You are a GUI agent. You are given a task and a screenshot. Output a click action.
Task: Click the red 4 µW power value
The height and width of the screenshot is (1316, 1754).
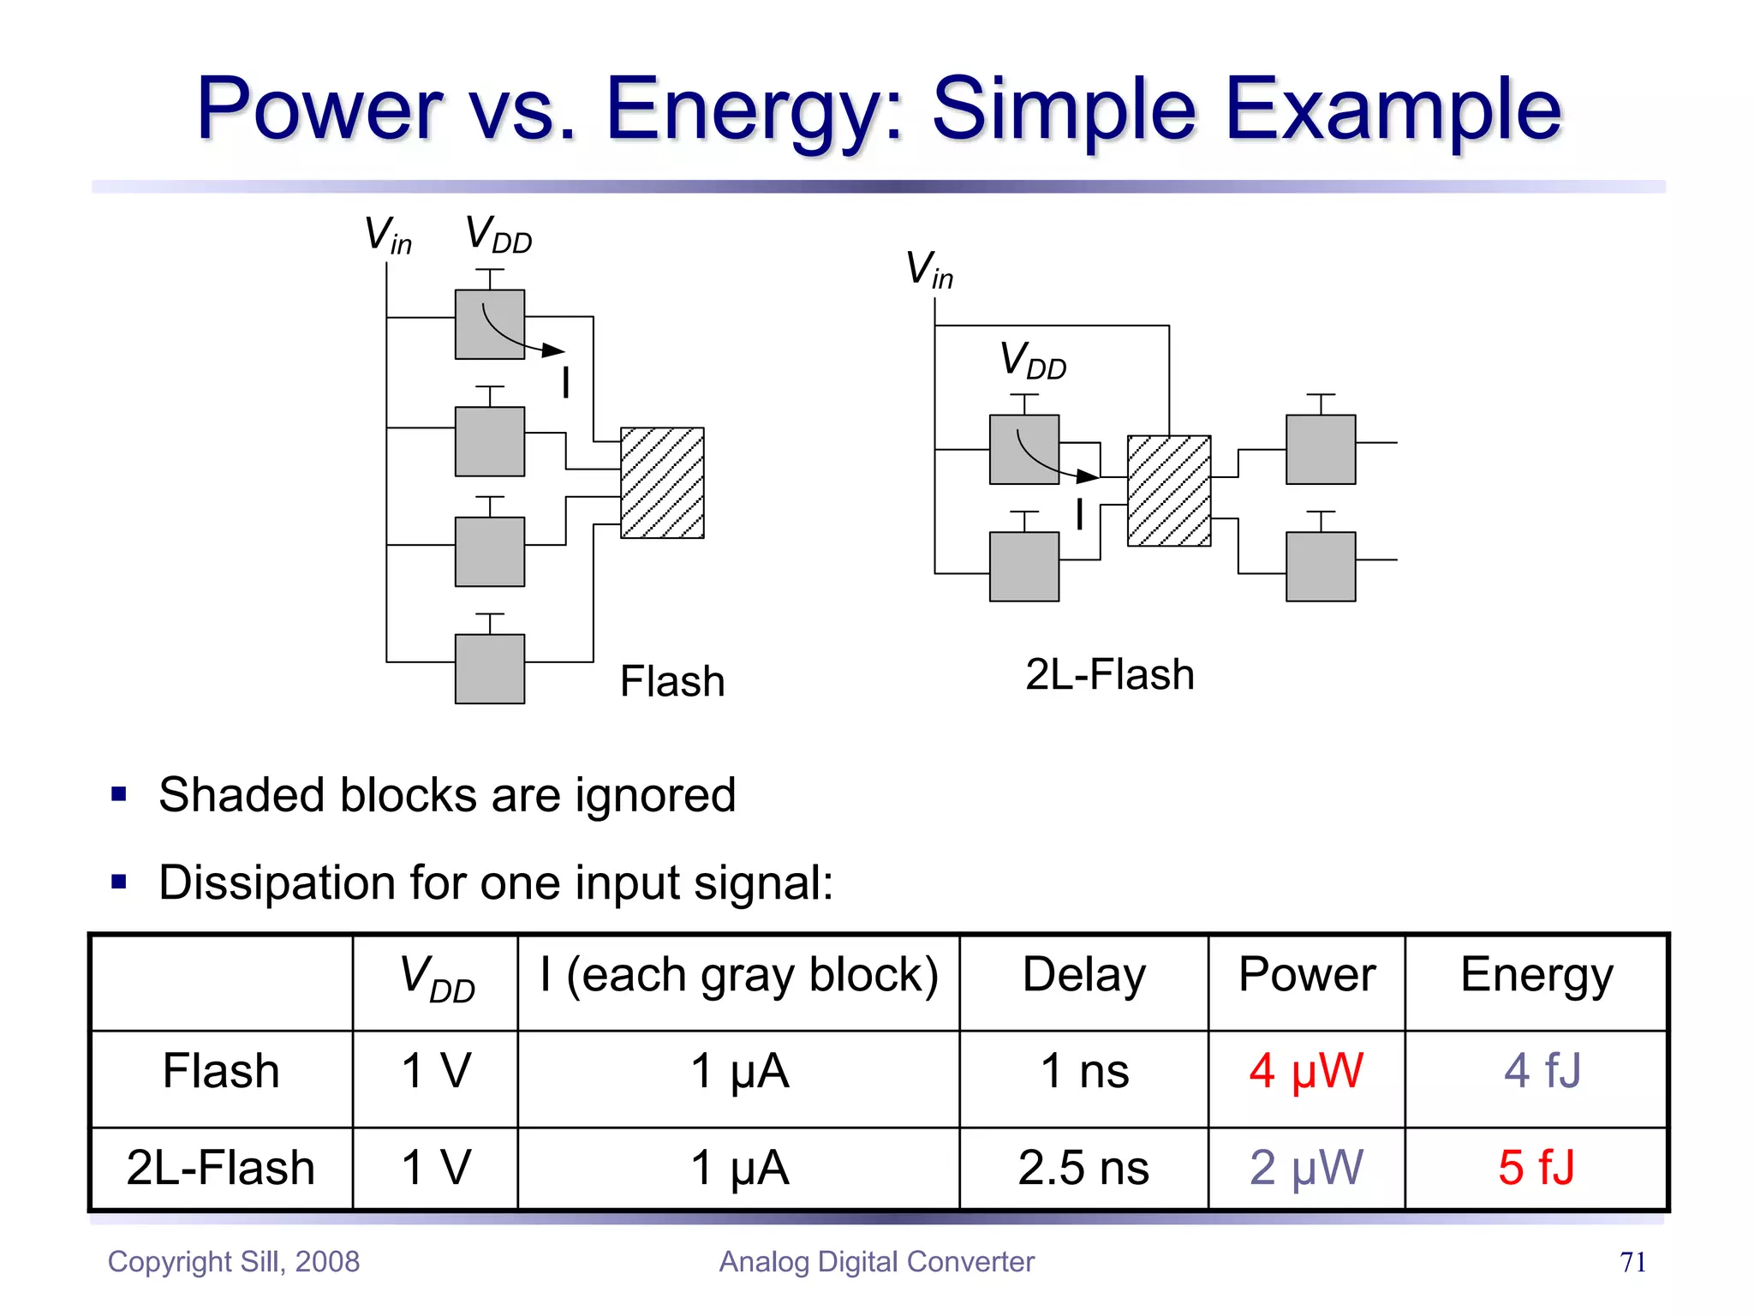tap(1305, 1071)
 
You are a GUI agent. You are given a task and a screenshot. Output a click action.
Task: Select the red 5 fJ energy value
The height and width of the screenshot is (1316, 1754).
tap(1536, 1168)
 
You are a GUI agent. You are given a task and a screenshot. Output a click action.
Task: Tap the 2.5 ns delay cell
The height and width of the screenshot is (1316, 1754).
tap(1083, 1168)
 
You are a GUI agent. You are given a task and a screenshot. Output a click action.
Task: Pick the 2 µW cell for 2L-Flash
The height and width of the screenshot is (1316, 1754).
tap(1305, 1168)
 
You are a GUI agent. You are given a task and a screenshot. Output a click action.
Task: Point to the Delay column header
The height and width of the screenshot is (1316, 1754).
tap(1083, 976)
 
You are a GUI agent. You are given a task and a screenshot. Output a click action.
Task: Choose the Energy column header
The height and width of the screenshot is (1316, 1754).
tap(1536, 976)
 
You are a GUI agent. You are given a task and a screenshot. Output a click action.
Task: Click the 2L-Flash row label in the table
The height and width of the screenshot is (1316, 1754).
tap(221, 1168)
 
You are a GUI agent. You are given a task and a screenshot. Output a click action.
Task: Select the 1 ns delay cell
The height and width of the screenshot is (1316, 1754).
tap(1084, 1071)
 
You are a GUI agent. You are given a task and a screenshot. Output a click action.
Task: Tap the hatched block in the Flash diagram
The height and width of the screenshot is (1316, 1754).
tap(662, 483)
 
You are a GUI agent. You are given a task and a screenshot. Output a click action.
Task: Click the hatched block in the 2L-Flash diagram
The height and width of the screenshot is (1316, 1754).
tap(1169, 491)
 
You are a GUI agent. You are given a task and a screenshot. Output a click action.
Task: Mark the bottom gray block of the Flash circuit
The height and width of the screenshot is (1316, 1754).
tap(490, 668)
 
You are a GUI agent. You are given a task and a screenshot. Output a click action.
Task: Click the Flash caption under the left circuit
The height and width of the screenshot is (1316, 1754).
tap(672, 682)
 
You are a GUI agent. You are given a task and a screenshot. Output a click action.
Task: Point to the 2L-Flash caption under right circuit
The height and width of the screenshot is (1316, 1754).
tap(1109, 675)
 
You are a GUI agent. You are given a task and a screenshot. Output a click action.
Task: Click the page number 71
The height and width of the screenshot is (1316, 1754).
tap(1632, 1262)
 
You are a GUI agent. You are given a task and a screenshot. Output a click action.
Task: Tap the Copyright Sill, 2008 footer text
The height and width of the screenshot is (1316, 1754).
tap(234, 1262)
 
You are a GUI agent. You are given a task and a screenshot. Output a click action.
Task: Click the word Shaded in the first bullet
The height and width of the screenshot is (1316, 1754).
tap(242, 794)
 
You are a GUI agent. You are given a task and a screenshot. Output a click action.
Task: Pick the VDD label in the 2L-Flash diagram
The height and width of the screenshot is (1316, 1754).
tap(1033, 361)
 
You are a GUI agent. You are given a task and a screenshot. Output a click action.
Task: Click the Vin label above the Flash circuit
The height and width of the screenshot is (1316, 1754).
tap(388, 235)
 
